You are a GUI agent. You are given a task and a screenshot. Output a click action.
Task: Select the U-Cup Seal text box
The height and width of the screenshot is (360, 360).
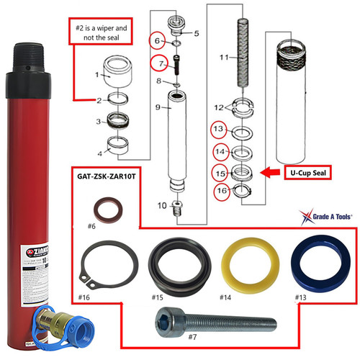point(308,174)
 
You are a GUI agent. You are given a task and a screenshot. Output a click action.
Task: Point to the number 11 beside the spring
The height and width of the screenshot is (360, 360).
point(224,56)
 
